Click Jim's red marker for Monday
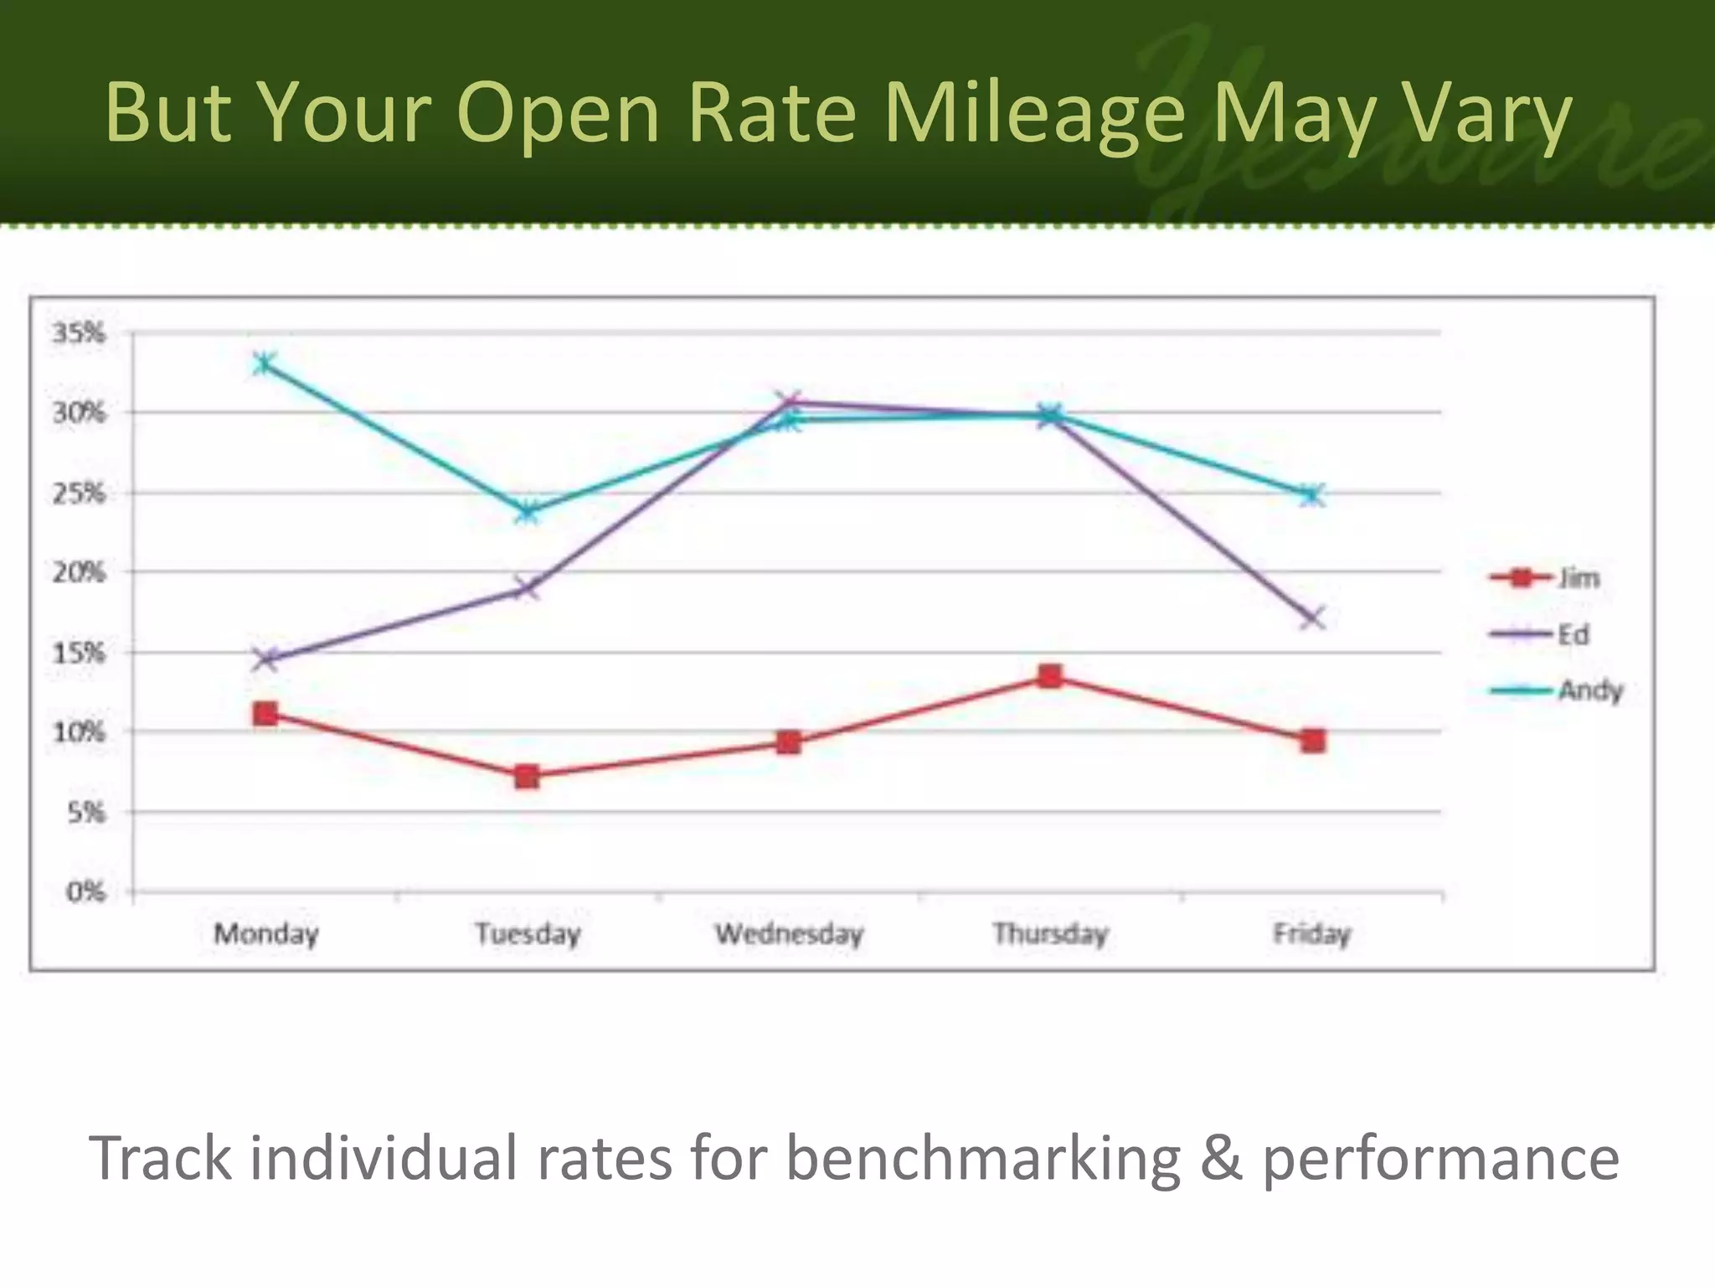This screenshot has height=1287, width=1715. (265, 714)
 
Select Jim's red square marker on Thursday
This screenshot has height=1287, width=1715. (1050, 676)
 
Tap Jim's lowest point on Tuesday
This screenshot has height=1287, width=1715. (527, 777)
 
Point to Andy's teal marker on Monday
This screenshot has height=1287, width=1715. (265, 364)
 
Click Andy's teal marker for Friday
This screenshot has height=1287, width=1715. (1312, 494)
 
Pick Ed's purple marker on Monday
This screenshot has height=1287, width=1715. (265, 659)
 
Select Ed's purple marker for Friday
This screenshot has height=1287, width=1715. (1312, 618)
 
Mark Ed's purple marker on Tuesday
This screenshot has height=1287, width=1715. (527, 588)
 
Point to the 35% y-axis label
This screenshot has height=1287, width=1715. (80, 333)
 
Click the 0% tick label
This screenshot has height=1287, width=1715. (86, 892)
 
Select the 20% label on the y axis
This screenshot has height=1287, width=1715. (80, 572)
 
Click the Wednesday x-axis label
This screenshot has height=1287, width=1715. (789, 933)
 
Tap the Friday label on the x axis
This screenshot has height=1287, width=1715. (1312, 933)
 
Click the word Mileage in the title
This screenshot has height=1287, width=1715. (1034, 113)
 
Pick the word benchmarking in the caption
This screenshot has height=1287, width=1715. (984, 1158)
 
